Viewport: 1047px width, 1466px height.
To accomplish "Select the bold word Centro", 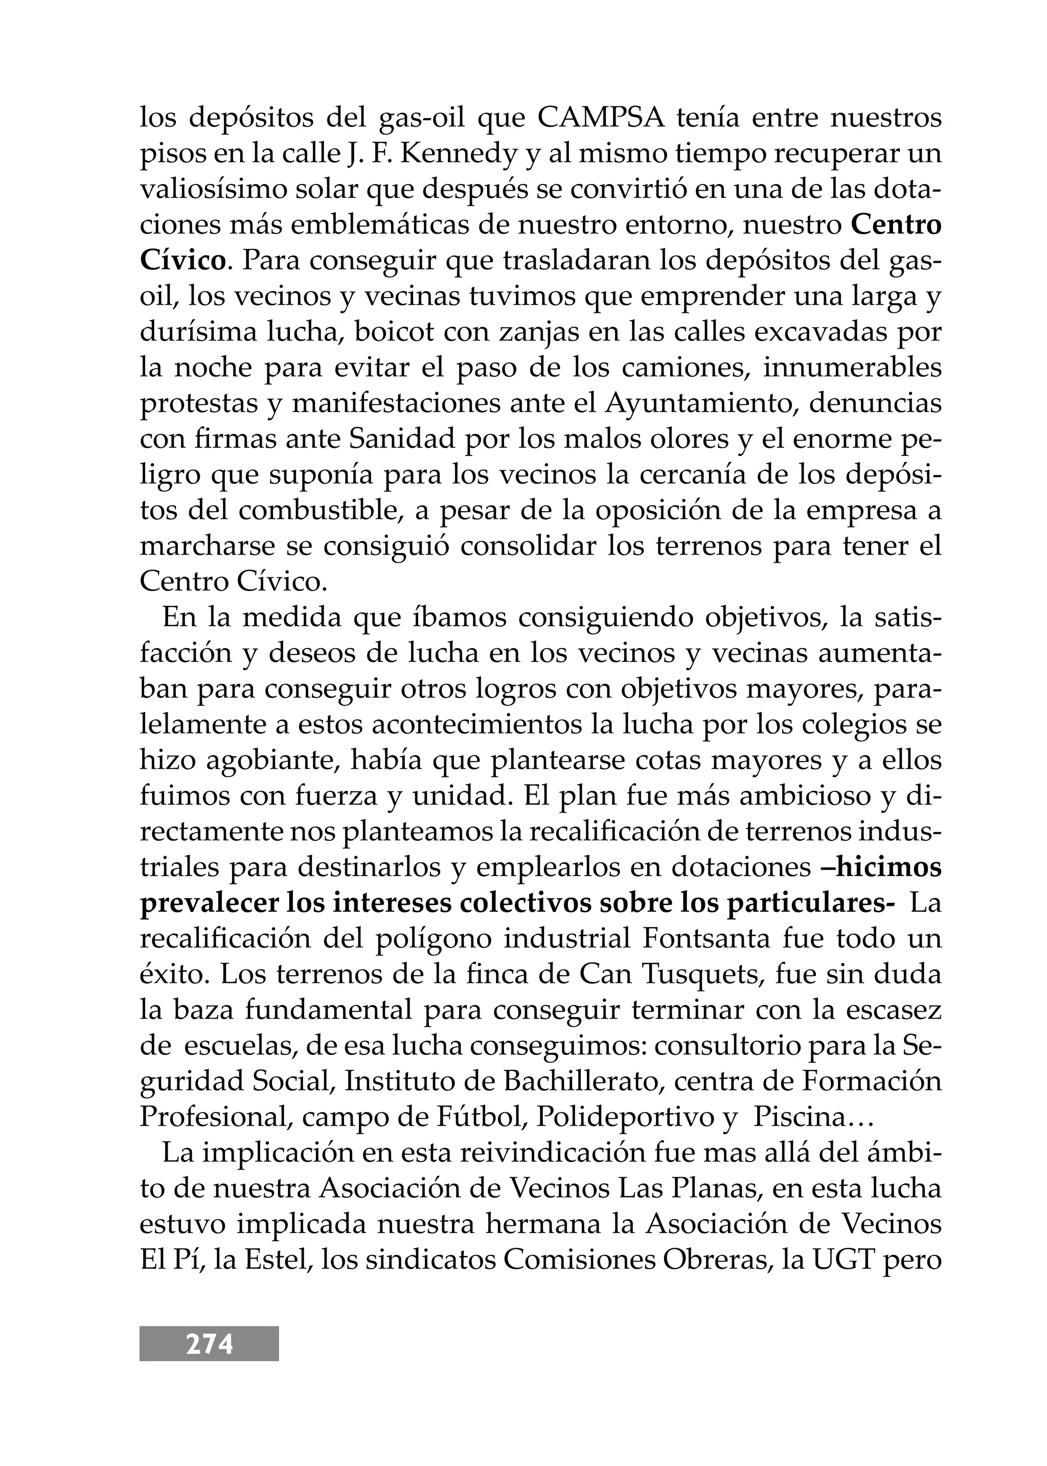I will (x=896, y=225).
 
